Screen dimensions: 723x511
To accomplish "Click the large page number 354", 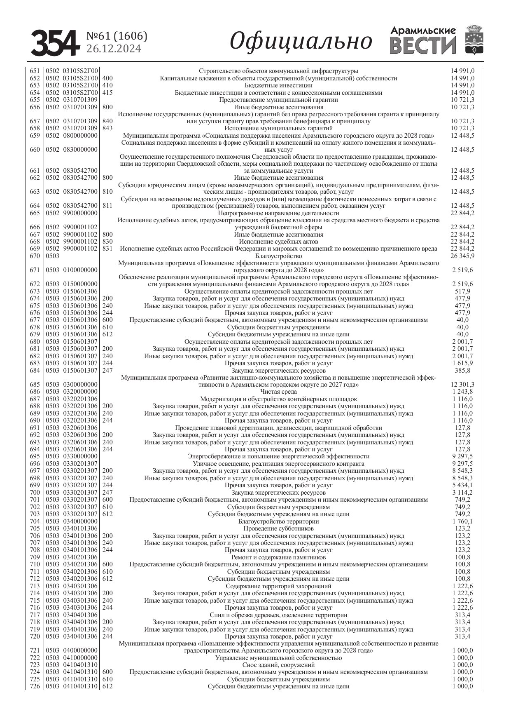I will click(55, 43).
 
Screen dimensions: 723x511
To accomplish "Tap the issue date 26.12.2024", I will click(114, 49).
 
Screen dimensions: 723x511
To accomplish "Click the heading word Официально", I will click(301, 41).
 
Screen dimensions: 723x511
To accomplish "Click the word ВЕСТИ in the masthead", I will click(423, 45).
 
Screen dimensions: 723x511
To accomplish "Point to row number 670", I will click(35, 256).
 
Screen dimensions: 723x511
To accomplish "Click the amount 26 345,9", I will click(462, 256).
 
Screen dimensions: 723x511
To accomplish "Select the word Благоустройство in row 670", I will click(278, 256).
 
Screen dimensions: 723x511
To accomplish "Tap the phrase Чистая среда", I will click(278, 392).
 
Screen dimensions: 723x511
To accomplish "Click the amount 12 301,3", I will click(462, 385).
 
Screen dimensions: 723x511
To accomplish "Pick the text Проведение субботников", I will click(278, 528).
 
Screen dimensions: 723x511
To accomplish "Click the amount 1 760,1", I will click(462, 521).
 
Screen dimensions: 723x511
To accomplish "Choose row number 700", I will click(35, 493).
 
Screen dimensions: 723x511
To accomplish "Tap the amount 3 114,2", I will click(462, 493).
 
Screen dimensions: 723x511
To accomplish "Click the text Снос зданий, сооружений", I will click(278, 665).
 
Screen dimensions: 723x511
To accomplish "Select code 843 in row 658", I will click(107, 128).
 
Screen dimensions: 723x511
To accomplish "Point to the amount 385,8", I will click(462, 371).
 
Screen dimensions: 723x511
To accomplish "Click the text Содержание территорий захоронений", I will click(278, 586).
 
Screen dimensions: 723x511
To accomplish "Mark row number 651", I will click(35, 71).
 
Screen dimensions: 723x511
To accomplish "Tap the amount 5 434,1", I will click(462, 485).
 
